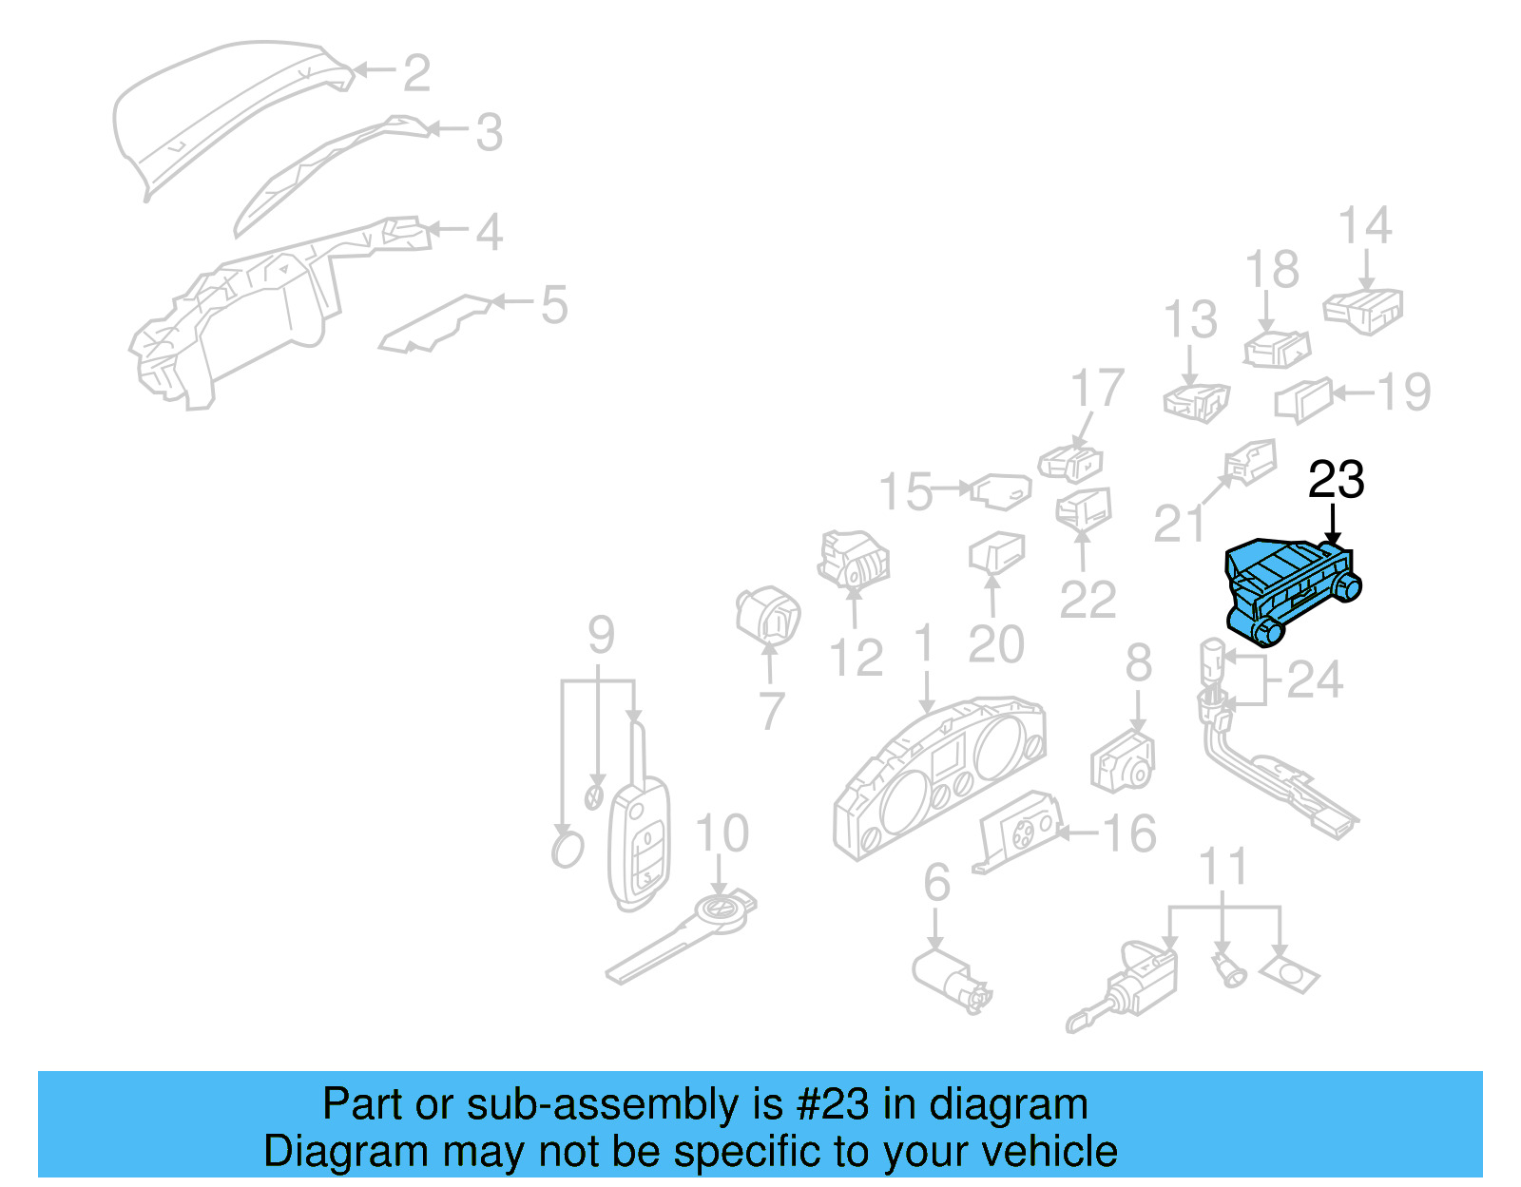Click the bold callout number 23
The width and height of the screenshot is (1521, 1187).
(x=1336, y=480)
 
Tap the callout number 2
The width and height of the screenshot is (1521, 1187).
(x=416, y=73)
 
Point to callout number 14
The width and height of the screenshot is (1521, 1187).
(x=1364, y=226)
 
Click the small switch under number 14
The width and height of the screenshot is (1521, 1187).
(x=1363, y=310)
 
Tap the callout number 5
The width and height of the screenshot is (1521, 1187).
(x=553, y=304)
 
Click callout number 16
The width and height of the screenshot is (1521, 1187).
(x=1129, y=833)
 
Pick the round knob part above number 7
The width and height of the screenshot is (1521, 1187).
(x=768, y=615)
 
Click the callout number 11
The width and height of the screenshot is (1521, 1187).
(x=1223, y=867)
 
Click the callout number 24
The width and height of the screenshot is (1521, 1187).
(x=1315, y=680)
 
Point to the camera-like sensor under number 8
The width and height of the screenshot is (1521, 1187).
(x=1122, y=762)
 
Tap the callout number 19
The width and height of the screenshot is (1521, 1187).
(x=1403, y=392)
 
